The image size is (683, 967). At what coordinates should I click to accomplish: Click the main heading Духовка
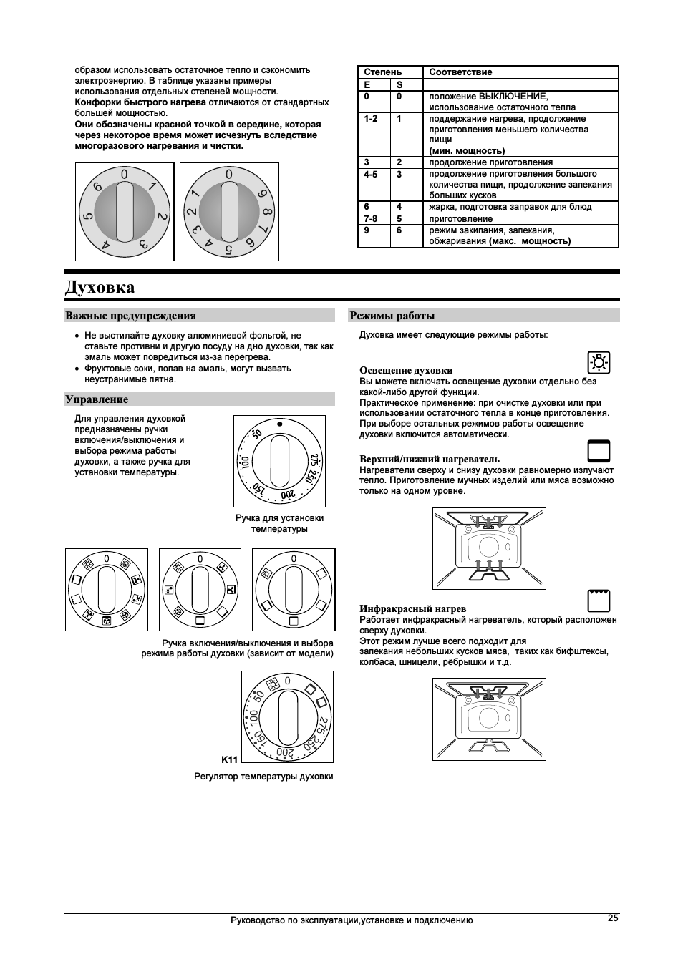100,288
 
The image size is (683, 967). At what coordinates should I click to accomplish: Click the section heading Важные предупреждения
130,316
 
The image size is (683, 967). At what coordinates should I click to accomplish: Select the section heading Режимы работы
392,316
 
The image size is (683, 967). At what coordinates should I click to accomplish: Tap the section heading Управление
97,399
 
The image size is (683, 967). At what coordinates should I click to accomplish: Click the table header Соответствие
460,72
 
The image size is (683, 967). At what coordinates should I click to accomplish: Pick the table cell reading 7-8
370,218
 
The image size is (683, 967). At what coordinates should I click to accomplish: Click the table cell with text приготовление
460,219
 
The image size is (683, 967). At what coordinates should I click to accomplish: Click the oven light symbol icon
598,363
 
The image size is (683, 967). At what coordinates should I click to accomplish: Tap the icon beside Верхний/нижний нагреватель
598,451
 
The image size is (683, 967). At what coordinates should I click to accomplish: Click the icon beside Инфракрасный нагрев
598,601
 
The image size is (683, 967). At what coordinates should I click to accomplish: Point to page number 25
612,918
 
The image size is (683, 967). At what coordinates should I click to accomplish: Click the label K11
229,759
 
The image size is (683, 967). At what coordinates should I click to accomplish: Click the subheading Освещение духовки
406,370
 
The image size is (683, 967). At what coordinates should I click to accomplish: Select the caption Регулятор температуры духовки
263,777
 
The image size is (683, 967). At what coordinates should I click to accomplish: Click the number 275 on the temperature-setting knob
314,459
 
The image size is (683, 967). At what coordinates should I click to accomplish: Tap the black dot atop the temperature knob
279,424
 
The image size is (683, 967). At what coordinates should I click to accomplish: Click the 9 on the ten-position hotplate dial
263,194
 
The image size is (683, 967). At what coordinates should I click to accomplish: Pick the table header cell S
399,84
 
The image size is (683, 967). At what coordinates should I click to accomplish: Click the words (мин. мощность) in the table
467,151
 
